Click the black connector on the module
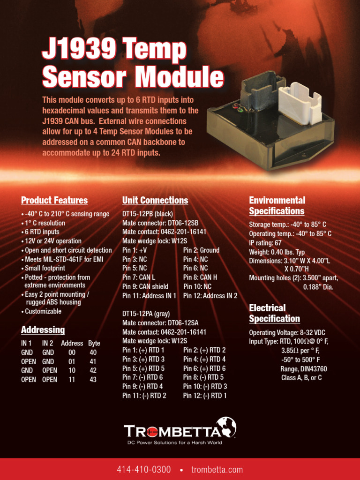click(262, 94)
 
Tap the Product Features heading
click(54, 201)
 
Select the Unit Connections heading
click(155, 201)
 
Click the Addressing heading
click(43, 330)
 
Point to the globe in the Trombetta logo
click(225, 428)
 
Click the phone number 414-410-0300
click(144, 470)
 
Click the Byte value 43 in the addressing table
click(93, 380)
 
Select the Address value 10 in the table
click(72, 371)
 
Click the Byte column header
click(94, 343)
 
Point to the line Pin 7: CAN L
click(139, 277)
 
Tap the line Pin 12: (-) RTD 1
click(205, 396)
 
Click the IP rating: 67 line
click(265, 243)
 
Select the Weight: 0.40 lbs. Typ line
click(277, 252)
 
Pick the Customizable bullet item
click(43, 311)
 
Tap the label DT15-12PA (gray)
click(146, 314)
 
